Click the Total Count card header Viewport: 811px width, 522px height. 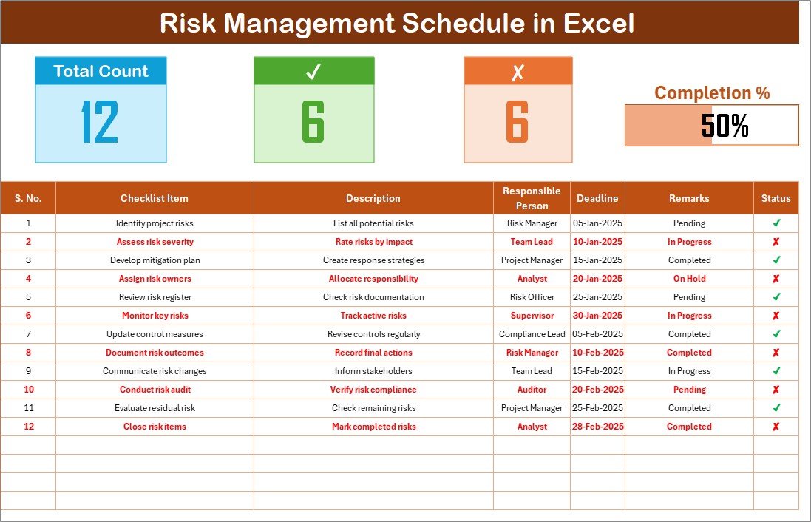click(x=101, y=71)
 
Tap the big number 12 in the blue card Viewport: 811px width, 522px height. click(x=101, y=122)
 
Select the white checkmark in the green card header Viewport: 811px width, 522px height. click(x=313, y=72)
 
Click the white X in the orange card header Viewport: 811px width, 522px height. click(x=518, y=72)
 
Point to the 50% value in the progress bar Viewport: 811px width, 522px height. click(x=725, y=126)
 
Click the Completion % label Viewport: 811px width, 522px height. click(x=712, y=93)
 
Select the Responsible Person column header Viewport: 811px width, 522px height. click(x=532, y=198)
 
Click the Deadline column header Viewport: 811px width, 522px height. click(x=597, y=198)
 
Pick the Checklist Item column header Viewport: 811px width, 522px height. click(x=155, y=198)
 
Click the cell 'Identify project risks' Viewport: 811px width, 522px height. click(x=155, y=223)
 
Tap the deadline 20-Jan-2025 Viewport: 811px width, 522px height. click(x=597, y=279)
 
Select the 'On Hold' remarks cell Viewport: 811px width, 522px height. click(x=689, y=279)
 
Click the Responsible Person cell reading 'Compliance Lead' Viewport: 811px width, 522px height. click(x=532, y=334)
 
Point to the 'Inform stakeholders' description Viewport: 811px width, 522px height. click(x=373, y=371)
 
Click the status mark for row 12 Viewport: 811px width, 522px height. click(x=776, y=427)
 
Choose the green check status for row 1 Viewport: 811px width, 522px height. click(x=776, y=223)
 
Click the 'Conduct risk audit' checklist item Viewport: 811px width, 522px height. click(x=155, y=390)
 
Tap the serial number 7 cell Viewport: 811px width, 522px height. click(x=29, y=334)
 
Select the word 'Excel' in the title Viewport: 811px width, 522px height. click(x=599, y=24)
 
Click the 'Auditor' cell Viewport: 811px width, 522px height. click(x=532, y=390)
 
